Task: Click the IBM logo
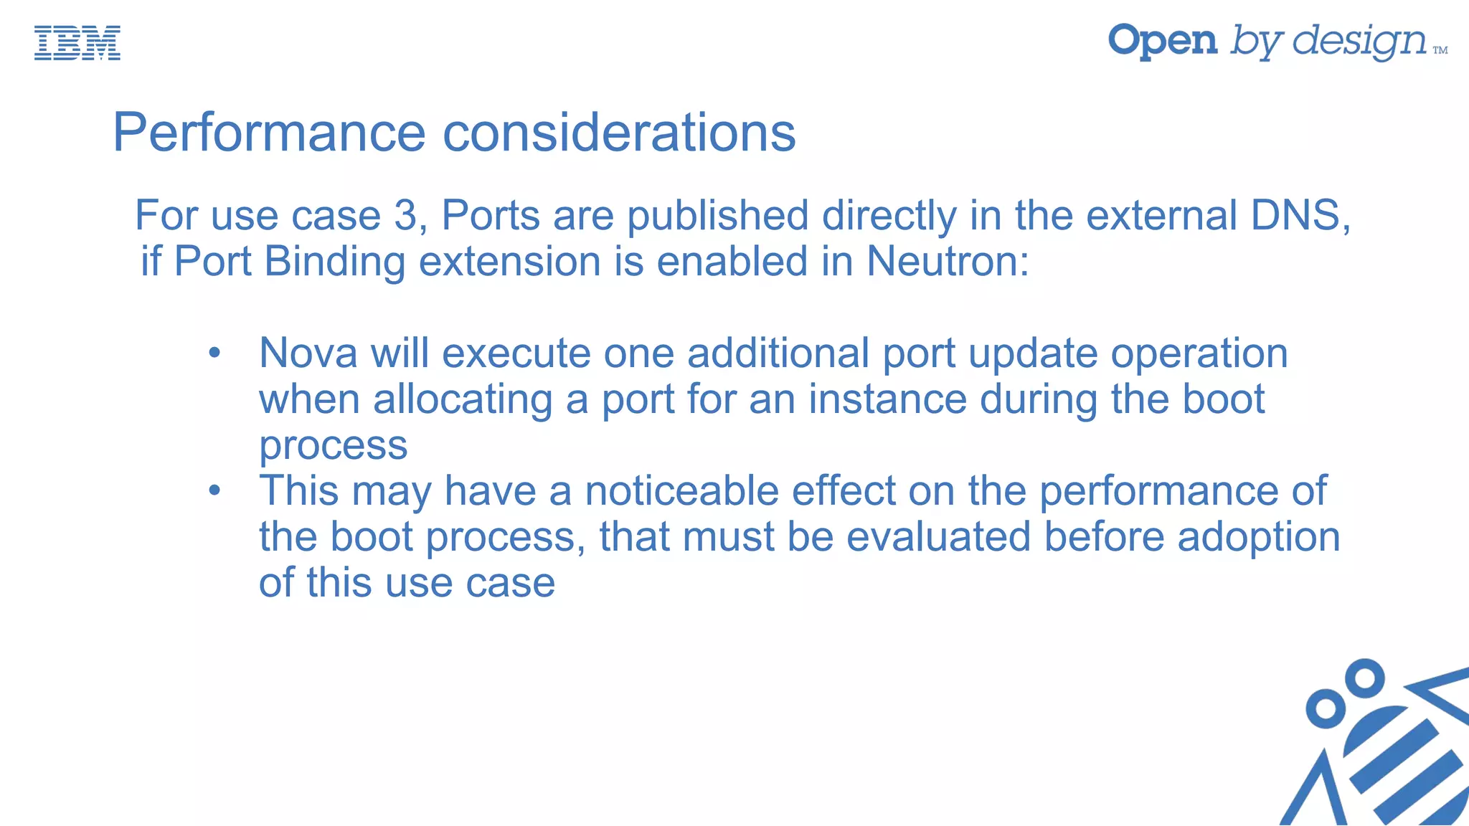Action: pyautogui.click(x=77, y=43)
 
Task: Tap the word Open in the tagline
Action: pyautogui.click(x=1163, y=41)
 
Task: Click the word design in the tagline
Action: pyautogui.click(x=1360, y=42)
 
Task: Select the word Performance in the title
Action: pyautogui.click(x=270, y=133)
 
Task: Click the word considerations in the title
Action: pyautogui.click(x=619, y=133)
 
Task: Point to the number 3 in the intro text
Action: pyautogui.click(x=405, y=215)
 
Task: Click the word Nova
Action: pyautogui.click(x=308, y=353)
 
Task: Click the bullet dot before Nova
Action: pyautogui.click(x=214, y=353)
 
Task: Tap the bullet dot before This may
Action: pyautogui.click(x=214, y=491)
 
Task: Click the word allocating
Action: pyautogui.click(x=463, y=400)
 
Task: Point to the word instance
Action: pyautogui.click(x=888, y=399)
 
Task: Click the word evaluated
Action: pyautogui.click(x=938, y=537)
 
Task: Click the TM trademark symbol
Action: pyautogui.click(x=1440, y=50)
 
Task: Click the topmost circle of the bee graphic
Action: pyautogui.click(x=1364, y=678)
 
